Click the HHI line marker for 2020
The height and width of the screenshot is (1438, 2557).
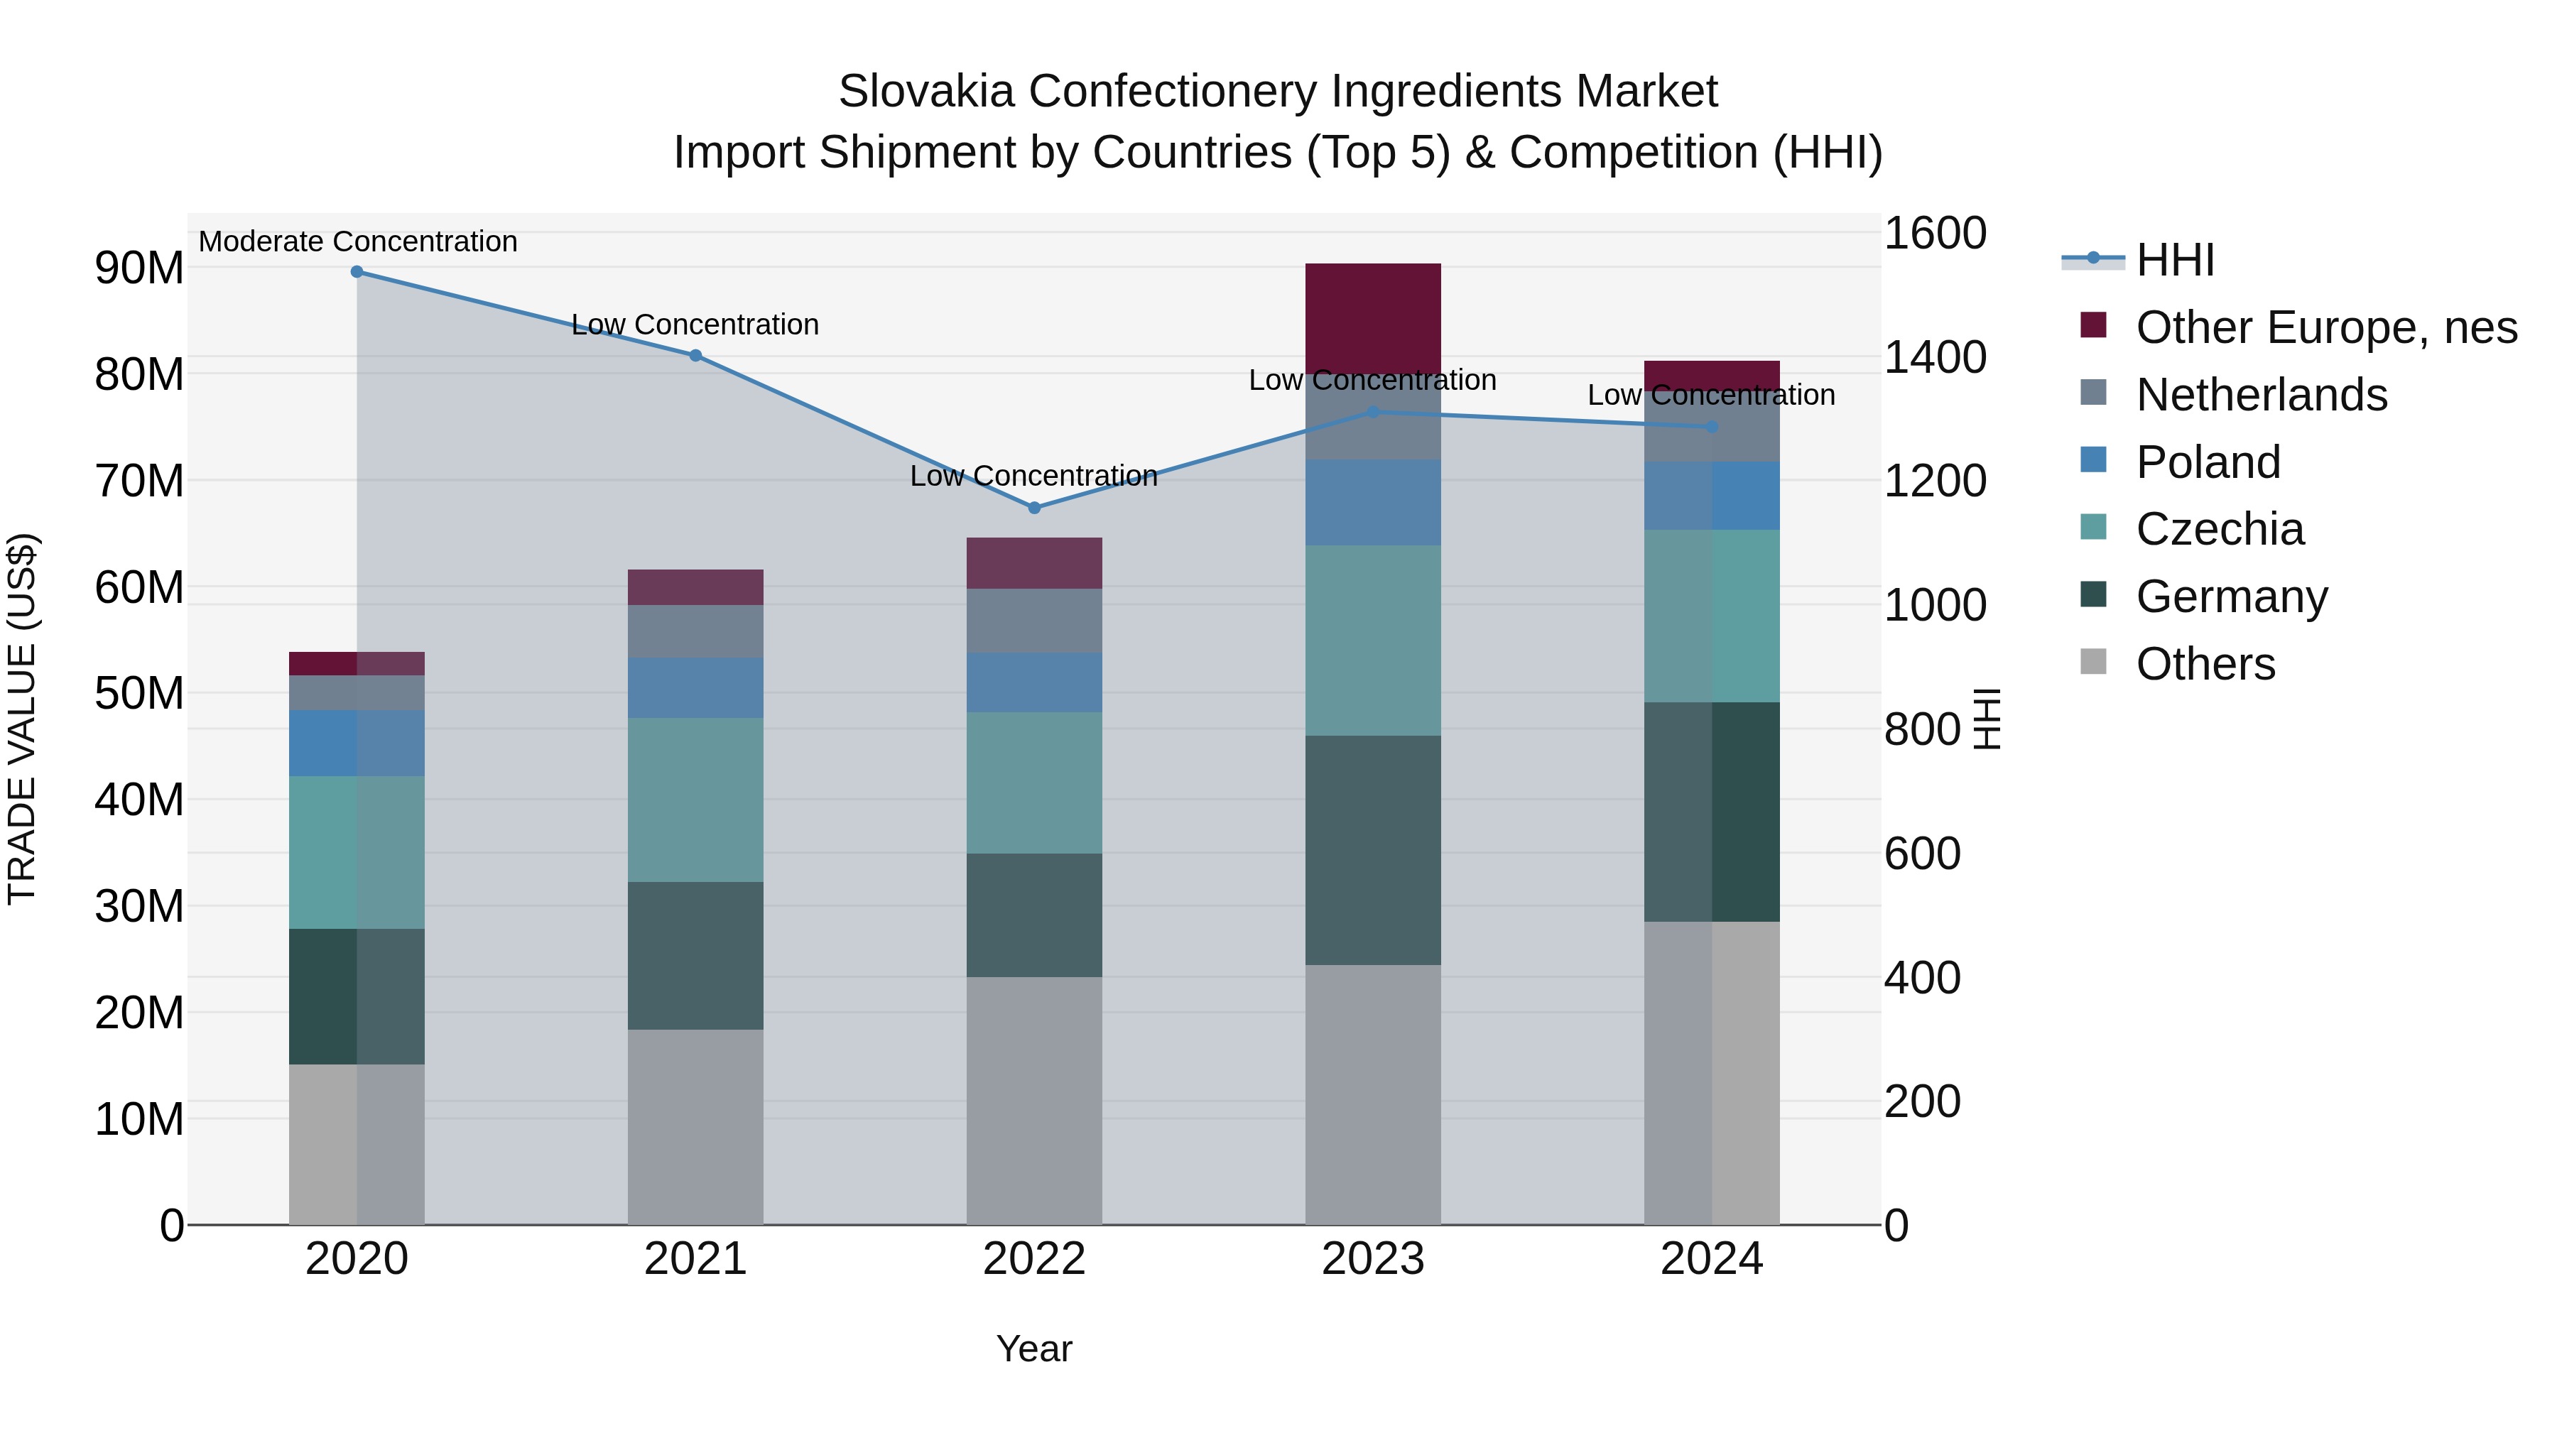tap(357, 272)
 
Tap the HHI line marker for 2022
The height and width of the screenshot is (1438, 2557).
tap(1033, 508)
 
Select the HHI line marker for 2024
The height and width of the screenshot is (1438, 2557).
tap(1711, 427)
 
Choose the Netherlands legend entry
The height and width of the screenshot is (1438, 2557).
tap(2262, 395)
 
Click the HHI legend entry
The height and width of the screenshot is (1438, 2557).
tap(2175, 260)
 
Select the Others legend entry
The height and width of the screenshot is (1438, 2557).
tap(2205, 664)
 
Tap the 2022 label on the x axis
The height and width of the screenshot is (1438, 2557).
tap(1033, 1259)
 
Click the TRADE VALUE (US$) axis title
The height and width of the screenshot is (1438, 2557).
tap(22, 719)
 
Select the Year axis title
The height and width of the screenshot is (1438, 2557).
tap(1033, 1349)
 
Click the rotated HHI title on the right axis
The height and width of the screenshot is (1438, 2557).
tap(1986, 719)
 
